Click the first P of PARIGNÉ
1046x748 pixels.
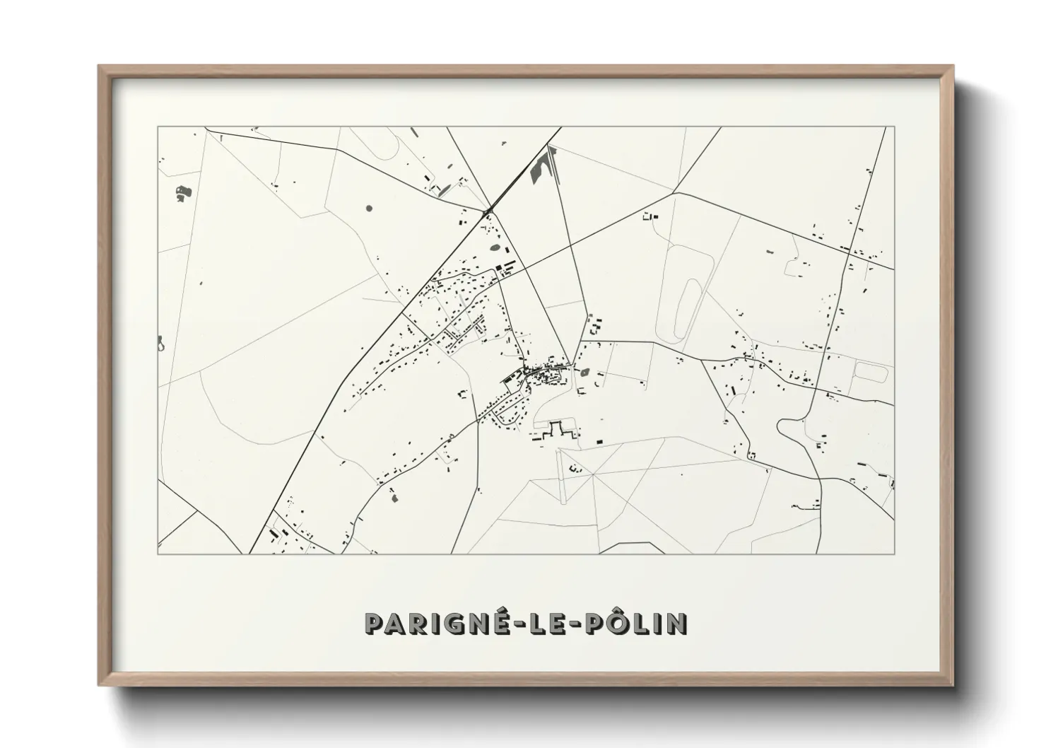pos(374,624)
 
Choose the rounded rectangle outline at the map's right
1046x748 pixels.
pos(871,372)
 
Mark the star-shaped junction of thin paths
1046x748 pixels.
pos(592,473)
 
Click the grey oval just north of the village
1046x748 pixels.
pos(495,248)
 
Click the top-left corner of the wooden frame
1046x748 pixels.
pos(99,66)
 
